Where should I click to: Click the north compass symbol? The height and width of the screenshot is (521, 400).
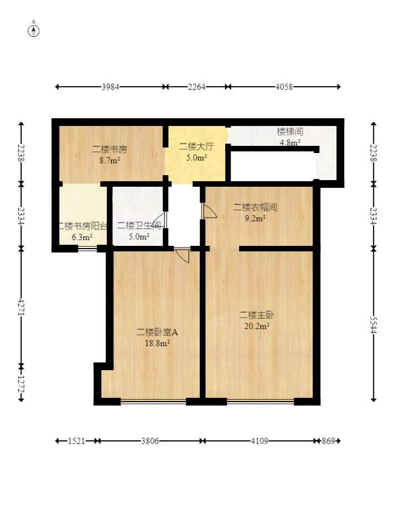33,30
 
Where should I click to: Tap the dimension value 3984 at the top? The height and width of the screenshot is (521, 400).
110,87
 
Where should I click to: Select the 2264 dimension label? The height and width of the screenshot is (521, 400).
196,87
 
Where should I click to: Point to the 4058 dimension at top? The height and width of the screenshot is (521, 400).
284,87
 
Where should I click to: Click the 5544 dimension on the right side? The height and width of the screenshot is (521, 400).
373,325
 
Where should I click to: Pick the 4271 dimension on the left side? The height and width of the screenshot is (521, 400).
21,307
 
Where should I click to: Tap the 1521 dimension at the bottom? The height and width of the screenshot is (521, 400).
76,441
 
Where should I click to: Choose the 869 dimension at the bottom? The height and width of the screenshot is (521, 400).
328,441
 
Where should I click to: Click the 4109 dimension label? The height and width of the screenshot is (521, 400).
259,441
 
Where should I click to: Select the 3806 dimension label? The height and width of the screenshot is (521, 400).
150,441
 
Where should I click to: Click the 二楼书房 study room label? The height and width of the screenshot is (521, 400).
110,149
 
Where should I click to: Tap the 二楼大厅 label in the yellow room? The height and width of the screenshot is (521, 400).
196,146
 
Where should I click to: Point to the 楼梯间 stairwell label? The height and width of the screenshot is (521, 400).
290,131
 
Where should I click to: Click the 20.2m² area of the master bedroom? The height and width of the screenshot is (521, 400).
257,326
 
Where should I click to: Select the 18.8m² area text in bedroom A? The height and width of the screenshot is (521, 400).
157,343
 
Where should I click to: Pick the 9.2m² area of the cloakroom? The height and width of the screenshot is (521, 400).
255,218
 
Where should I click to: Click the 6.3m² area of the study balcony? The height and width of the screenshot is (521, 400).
82,237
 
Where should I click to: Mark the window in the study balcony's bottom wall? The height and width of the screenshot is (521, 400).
87,248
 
